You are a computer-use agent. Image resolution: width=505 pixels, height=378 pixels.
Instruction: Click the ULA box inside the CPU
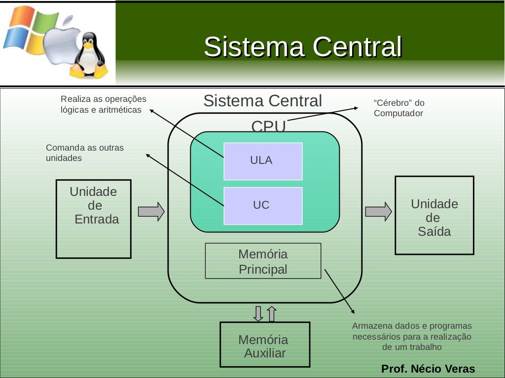(263, 161)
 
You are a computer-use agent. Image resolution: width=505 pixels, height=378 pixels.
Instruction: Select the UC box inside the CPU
(263, 206)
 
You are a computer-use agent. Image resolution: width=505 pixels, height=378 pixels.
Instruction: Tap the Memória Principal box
(263, 261)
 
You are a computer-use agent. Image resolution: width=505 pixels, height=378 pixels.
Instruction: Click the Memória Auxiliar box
(265, 345)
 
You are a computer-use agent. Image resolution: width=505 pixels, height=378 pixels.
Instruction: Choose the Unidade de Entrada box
(94, 219)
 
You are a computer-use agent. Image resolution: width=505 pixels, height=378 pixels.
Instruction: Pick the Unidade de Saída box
(434, 216)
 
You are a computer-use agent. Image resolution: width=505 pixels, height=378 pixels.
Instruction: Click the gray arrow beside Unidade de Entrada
(151, 211)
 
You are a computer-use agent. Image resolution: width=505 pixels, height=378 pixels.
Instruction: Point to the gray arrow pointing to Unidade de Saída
(378, 211)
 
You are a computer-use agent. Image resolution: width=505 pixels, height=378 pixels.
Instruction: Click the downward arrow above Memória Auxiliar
(258, 314)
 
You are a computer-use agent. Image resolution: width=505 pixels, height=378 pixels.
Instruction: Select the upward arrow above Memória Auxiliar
(272, 314)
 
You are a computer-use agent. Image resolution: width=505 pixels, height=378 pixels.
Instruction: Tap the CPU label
(268, 126)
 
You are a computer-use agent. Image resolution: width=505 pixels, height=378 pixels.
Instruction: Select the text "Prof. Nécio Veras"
(428, 369)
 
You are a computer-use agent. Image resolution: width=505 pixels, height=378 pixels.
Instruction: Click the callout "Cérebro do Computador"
(398, 108)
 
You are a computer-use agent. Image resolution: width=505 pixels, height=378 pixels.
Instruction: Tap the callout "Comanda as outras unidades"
(84, 153)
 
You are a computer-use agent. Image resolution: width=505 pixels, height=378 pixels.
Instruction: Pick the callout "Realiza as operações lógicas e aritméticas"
(103, 104)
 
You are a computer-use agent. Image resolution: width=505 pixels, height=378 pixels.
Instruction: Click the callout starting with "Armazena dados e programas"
(412, 337)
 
